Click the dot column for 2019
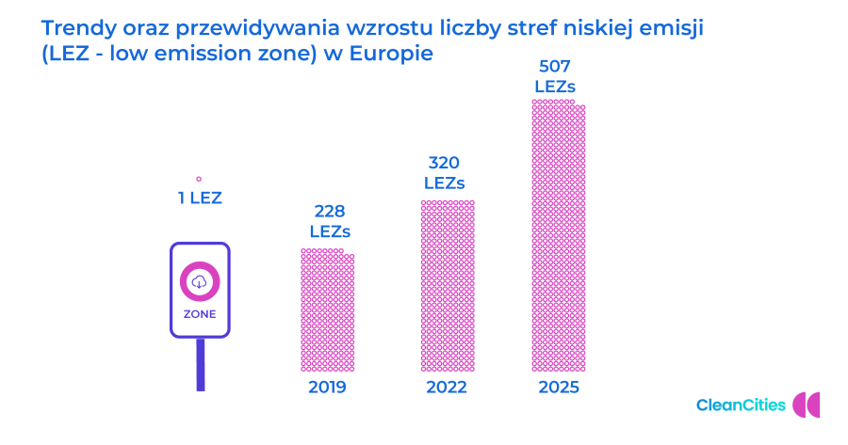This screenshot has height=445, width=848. pos(327,310)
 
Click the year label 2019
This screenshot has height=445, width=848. pos(327,388)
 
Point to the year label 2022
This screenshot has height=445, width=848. pos(447,388)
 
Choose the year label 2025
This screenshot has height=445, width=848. pos(558,388)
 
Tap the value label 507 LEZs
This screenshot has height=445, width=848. pos(555,76)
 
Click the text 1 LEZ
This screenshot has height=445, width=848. pos(199,198)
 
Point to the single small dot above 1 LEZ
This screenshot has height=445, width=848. pos(199,178)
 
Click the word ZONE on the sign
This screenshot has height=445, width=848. pos(199,314)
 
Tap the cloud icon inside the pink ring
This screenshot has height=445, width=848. pos(199,281)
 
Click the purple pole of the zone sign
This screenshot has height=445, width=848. pos(200,364)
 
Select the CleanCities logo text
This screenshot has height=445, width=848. pos(741,405)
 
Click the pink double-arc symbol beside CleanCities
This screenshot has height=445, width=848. pos(807,405)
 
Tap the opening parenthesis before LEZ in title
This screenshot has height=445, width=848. pos(44,55)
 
